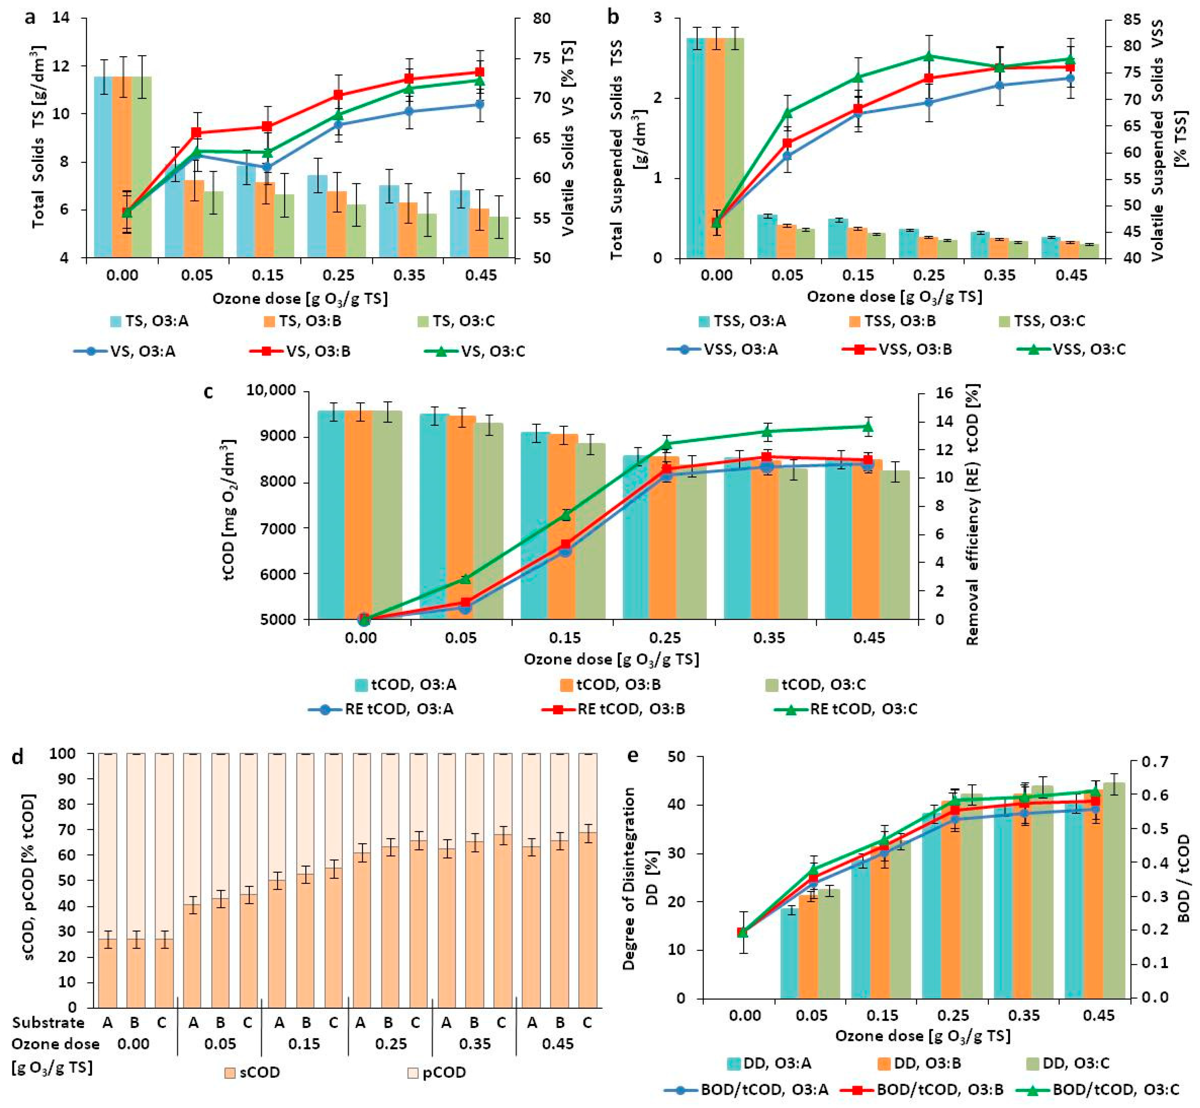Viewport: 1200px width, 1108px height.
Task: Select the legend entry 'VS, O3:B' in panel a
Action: [300, 351]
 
